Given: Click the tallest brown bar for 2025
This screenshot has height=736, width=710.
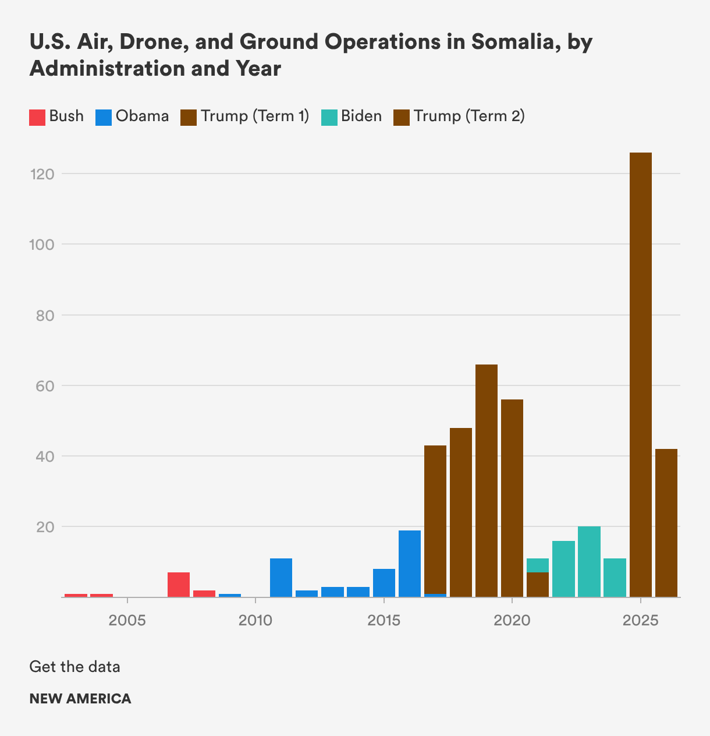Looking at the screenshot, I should pos(640,373).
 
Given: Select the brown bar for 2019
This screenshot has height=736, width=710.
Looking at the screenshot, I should pos(487,480).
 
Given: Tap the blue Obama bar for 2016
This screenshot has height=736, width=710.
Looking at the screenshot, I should pos(410,563).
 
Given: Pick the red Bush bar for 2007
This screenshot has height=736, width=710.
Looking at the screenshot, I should pos(179,585).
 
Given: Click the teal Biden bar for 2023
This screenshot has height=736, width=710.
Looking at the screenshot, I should pos(589,561).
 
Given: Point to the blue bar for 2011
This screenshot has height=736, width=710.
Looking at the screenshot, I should pos(281,578).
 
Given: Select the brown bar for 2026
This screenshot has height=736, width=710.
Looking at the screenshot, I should pos(666,522).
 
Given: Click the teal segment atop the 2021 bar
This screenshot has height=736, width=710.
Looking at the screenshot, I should pos(538,565).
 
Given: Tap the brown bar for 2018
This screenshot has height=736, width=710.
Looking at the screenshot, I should pos(461,512).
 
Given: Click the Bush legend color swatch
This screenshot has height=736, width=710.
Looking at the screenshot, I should pos(37,117).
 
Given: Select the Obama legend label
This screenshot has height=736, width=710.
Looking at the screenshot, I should pos(142,116).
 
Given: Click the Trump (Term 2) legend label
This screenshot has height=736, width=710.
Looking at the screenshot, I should pos(469,116).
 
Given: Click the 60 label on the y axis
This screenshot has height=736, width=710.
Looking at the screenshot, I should pos(42,385).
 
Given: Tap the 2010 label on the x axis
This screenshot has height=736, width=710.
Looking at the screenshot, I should pos(255,621).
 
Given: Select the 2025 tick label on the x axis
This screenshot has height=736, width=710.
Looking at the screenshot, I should pos(640,621).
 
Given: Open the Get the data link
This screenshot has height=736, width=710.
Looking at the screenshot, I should pos(74,667).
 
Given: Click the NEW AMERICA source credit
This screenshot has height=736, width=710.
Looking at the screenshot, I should pos(80,699).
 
